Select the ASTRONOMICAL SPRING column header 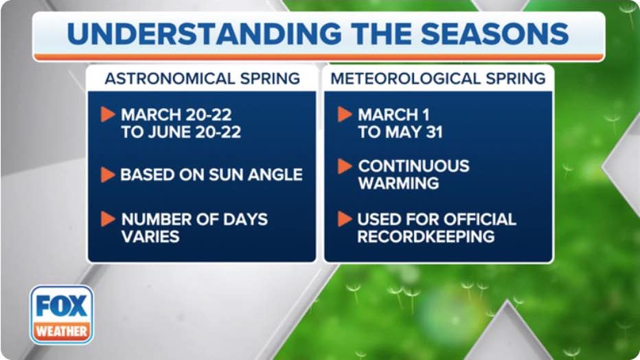click(x=202, y=78)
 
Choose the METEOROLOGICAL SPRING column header click(x=438, y=78)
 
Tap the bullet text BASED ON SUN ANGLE click(x=212, y=175)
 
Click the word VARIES click(x=150, y=237)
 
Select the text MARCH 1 click(x=393, y=115)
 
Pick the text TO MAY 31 click(x=400, y=133)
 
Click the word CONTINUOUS click(x=413, y=166)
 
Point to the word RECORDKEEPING click(x=426, y=237)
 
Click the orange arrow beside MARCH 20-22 click(x=108, y=115)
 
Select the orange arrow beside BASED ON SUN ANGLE click(x=108, y=175)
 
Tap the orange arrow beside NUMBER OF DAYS click(x=108, y=219)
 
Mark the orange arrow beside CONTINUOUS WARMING click(x=344, y=166)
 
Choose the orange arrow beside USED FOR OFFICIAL click(x=344, y=219)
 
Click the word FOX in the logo click(x=62, y=306)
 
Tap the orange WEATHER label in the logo click(x=62, y=330)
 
